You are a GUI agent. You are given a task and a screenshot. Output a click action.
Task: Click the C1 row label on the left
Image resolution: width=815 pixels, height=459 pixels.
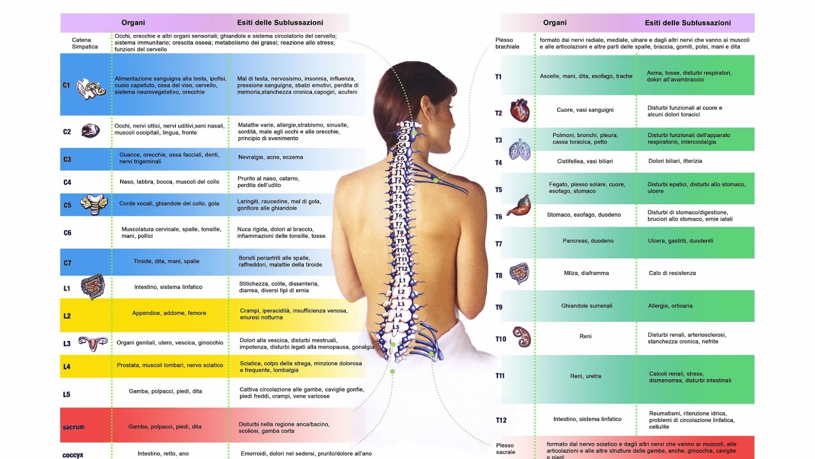(x=66, y=85)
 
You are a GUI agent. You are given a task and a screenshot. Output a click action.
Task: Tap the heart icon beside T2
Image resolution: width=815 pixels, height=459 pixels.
(x=520, y=110)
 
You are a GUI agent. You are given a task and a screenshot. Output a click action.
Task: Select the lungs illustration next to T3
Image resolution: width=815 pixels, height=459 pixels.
(x=520, y=150)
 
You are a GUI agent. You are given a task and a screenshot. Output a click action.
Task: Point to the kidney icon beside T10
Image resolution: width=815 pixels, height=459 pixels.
(x=521, y=336)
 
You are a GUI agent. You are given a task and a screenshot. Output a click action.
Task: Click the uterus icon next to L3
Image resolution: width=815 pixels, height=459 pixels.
(x=93, y=343)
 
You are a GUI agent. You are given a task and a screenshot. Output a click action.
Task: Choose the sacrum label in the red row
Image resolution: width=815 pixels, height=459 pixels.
(x=73, y=427)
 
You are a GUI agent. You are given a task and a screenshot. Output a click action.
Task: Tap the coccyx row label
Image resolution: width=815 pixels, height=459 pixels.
(x=73, y=455)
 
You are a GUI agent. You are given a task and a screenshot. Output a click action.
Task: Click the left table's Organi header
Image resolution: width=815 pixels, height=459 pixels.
(x=133, y=23)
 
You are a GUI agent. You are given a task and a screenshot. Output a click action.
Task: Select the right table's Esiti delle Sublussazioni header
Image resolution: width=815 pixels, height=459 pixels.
(x=688, y=23)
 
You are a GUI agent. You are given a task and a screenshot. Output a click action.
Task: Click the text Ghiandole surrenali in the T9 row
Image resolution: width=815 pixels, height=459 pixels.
(x=586, y=306)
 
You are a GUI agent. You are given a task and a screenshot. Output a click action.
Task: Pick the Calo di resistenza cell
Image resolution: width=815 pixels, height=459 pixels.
(x=672, y=273)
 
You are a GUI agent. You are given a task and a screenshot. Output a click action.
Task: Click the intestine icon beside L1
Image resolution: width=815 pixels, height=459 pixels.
(x=92, y=287)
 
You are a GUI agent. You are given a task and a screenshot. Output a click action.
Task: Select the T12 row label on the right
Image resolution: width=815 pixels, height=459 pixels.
(x=501, y=420)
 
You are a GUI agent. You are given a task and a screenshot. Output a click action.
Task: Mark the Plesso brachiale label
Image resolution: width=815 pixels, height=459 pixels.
(x=507, y=43)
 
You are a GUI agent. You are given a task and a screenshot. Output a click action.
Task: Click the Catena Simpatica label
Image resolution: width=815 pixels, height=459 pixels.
(x=85, y=43)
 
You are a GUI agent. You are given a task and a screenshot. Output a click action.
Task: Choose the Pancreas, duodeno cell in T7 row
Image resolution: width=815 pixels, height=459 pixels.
(x=588, y=241)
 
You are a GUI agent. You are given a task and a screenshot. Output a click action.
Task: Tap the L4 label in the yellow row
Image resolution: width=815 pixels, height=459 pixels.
(x=67, y=367)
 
